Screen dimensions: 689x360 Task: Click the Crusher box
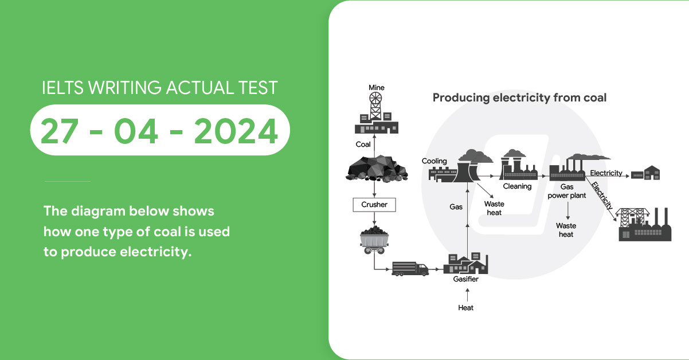point(374,205)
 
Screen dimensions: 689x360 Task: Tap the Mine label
point(377,88)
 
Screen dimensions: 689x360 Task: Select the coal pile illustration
point(377,169)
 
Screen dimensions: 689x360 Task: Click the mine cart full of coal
point(374,240)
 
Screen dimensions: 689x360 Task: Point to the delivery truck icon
point(410,269)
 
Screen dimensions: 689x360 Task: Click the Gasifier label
point(465,279)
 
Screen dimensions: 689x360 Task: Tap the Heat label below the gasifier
point(465,308)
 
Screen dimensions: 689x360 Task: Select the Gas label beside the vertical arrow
point(456,207)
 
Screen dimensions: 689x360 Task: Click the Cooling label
point(434,161)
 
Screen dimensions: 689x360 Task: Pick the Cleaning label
point(517,186)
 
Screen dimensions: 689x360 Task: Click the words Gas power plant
point(566,191)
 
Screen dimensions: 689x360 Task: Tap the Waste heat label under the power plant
point(566,230)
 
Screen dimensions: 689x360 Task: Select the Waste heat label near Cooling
point(494,208)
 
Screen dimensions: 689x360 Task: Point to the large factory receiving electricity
point(645,224)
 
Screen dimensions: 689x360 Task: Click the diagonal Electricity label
point(602,196)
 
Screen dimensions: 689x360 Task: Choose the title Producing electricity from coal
point(519,97)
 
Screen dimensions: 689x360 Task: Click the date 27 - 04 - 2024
point(159,131)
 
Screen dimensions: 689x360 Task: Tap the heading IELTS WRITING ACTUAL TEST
point(159,88)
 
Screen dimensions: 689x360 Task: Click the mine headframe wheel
point(375,99)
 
